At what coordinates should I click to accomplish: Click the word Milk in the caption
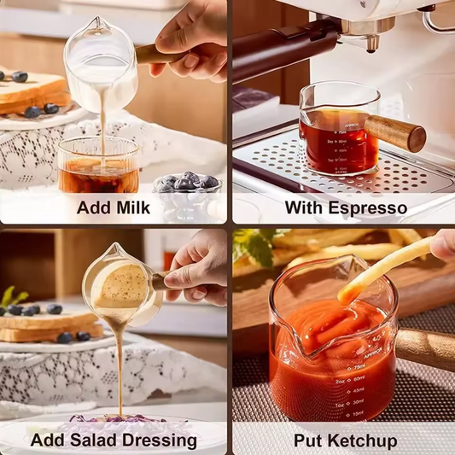click(x=131, y=207)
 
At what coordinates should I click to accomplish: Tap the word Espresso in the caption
click(x=370, y=207)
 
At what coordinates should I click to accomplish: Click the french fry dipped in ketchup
click(x=384, y=271)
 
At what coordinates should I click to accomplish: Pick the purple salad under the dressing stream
click(x=107, y=421)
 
